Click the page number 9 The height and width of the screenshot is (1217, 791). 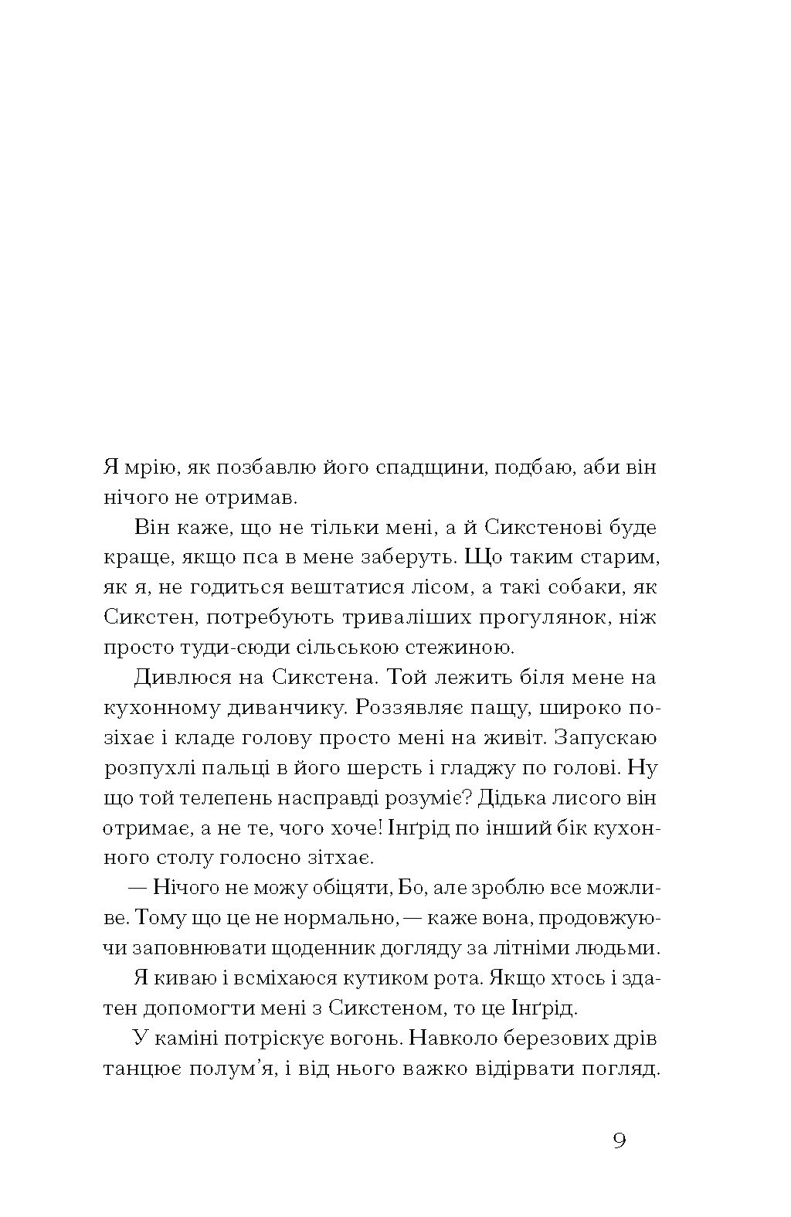tap(619, 1141)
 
